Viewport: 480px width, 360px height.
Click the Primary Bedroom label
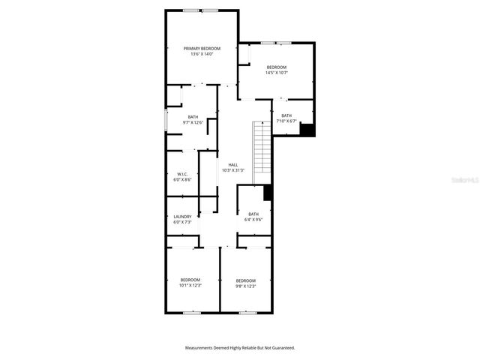[x=202, y=49]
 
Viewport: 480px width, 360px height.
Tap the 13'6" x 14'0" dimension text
[x=202, y=54]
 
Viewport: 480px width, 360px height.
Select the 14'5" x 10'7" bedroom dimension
[x=276, y=73]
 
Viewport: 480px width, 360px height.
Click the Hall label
[x=233, y=165]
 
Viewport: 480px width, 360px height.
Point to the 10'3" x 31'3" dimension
[x=233, y=170]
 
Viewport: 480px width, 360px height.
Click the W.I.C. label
[x=182, y=174]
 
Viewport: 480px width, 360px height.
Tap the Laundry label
[x=182, y=216]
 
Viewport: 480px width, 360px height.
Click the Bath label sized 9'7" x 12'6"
[x=193, y=116]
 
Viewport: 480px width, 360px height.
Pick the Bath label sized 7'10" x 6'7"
[x=286, y=115]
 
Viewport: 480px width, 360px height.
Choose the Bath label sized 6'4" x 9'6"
[x=253, y=214]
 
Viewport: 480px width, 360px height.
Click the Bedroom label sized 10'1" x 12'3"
[x=190, y=280]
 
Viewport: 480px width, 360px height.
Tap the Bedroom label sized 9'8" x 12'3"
[x=246, y=280]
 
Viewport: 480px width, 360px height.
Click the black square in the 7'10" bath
[x=307, y=129]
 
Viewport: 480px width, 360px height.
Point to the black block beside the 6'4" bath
[x=268, y=193]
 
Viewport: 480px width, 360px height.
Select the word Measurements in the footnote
[x=201, y=348]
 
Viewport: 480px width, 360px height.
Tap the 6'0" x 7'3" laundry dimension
[x=182, y=221]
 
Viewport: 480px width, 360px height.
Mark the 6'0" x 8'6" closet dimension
[x=182, y=179]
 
